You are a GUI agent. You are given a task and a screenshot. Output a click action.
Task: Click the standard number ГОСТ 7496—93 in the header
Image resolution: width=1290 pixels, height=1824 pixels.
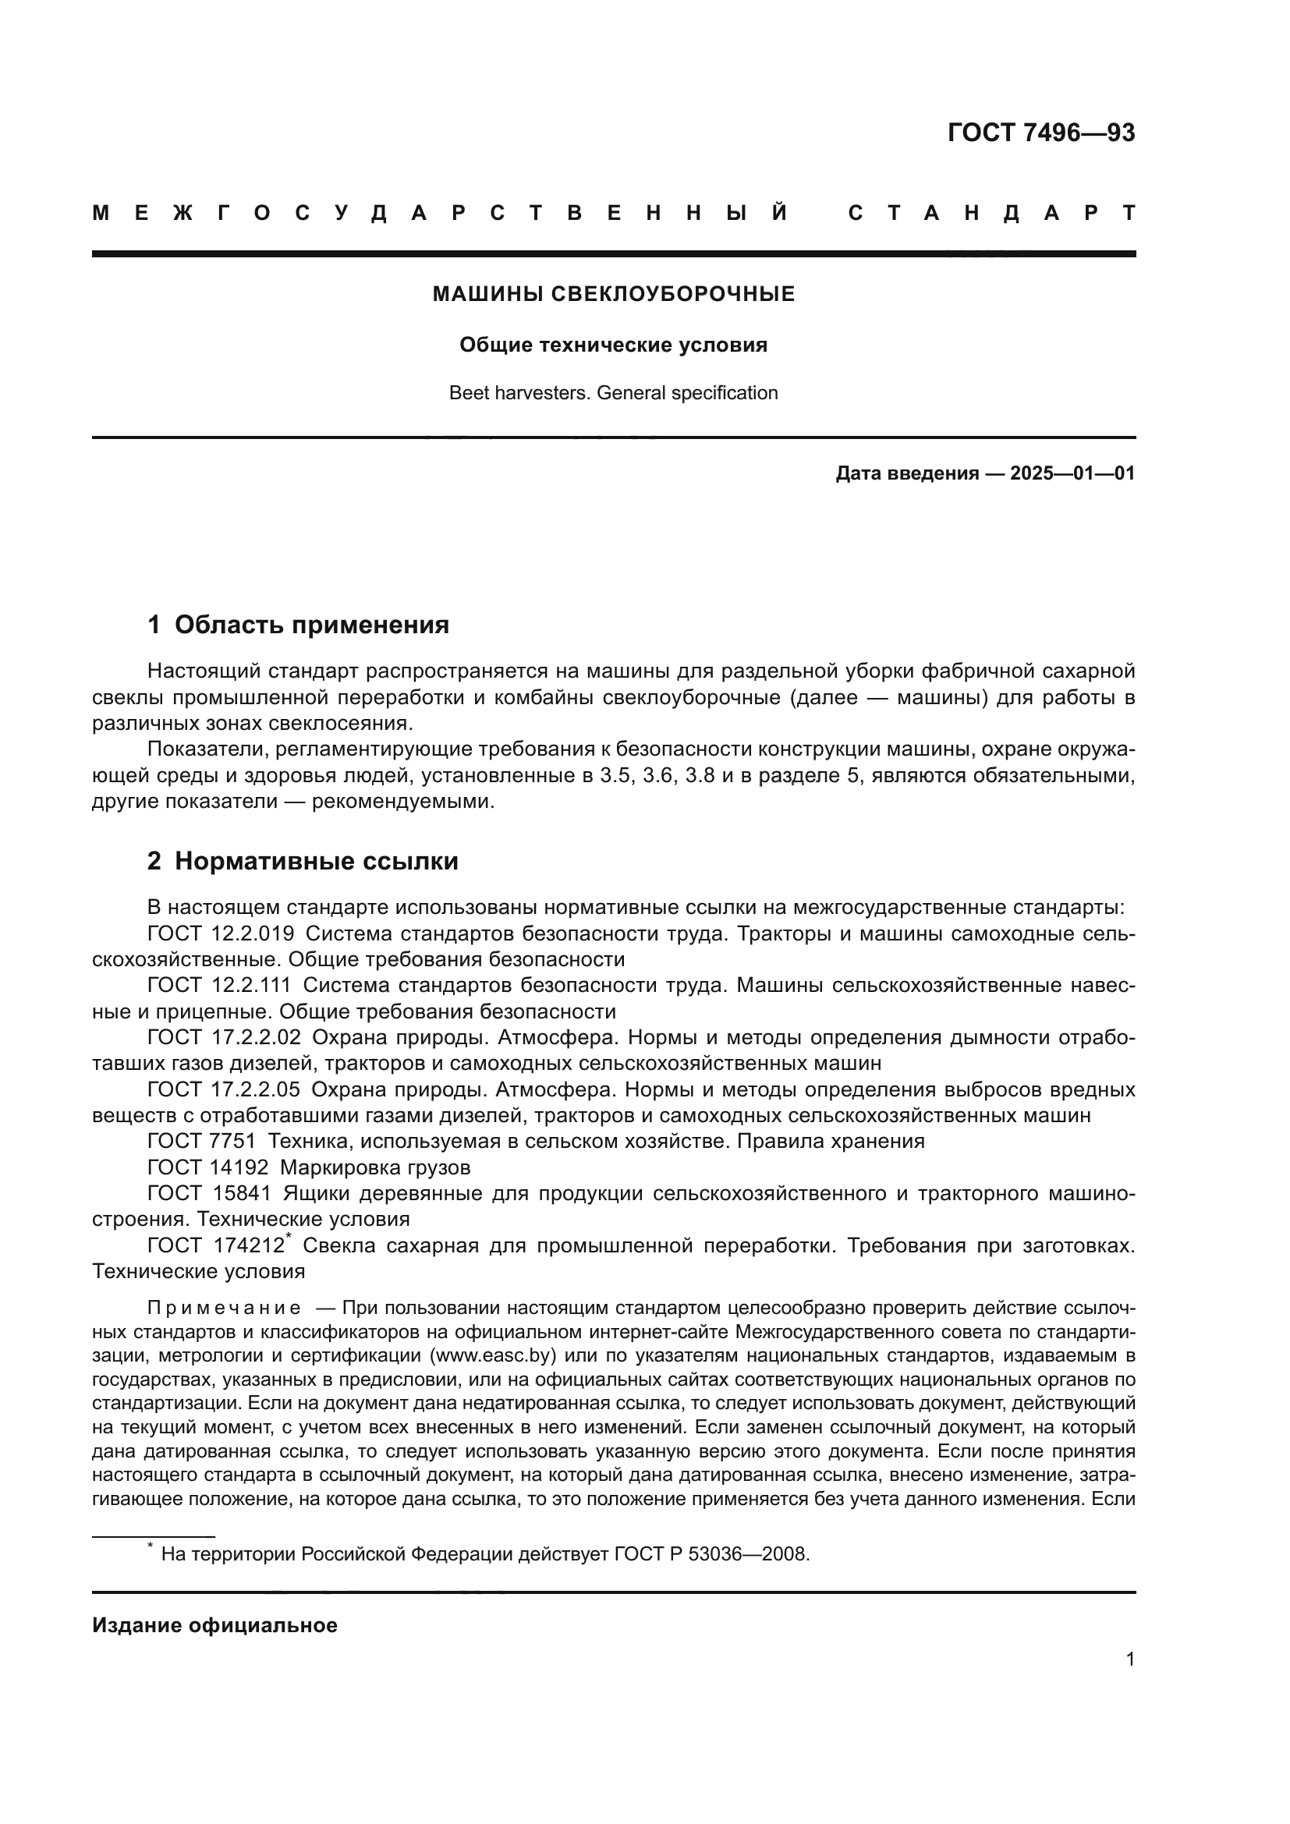[1040, 133]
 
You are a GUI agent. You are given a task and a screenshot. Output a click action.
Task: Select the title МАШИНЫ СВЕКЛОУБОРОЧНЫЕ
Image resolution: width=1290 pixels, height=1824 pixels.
[613, 295]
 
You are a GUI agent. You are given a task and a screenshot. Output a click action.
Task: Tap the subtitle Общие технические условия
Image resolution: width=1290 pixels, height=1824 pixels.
[613, 345]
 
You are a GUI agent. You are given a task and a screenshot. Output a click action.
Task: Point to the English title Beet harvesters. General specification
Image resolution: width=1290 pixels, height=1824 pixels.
[613, 393]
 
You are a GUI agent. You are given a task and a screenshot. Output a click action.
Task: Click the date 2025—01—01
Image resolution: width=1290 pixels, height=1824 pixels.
[1072, 474]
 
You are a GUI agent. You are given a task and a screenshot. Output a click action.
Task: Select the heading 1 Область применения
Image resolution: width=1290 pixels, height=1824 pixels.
[298, 625]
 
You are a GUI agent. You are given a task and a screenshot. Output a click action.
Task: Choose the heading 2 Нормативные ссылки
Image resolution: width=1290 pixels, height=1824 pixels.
[303, 862]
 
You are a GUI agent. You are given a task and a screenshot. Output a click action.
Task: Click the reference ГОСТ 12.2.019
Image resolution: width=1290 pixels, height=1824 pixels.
[221, 934]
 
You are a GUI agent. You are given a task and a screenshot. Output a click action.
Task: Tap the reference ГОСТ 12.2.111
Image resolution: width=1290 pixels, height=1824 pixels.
[219, 986]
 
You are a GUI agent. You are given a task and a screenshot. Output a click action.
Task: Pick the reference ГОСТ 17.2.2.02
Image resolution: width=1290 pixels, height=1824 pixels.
[224, 1038]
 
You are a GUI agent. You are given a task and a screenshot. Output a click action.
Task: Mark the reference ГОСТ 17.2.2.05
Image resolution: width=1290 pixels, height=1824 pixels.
[224, 1090]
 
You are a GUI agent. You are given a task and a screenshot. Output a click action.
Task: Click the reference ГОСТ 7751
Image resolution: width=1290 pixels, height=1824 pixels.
[202, 1142]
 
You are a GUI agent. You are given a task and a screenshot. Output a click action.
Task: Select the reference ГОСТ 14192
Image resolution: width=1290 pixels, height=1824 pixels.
[208, 1168]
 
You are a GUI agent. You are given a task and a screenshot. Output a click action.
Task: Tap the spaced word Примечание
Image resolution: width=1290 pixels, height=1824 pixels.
[224, 1309]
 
